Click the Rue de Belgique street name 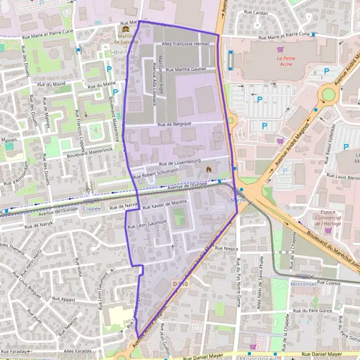click(x=174, y=124)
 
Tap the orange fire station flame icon click(x=208, y=170)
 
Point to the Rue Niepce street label click(x=226, y=248)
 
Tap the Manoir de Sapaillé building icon click(x=125, y=29)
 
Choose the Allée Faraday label click(x=75, y=350)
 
